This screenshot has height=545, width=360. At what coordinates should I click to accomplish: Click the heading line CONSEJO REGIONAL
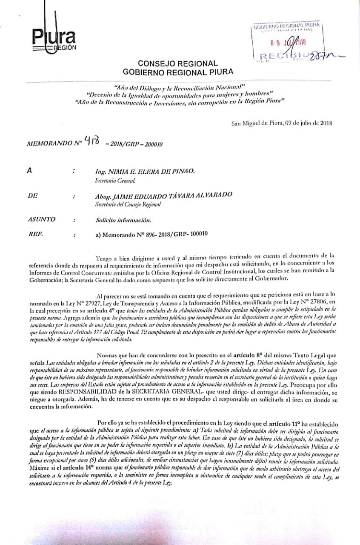[x=178, y=63]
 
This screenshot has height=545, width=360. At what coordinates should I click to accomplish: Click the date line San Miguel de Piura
[x=282, y=123]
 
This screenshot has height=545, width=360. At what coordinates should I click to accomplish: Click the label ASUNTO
[x=41, y=220]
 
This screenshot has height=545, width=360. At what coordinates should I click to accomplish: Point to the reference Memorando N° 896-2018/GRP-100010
[x=152, y=234]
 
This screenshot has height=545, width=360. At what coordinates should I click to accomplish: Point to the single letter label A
[x=29, y=171]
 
